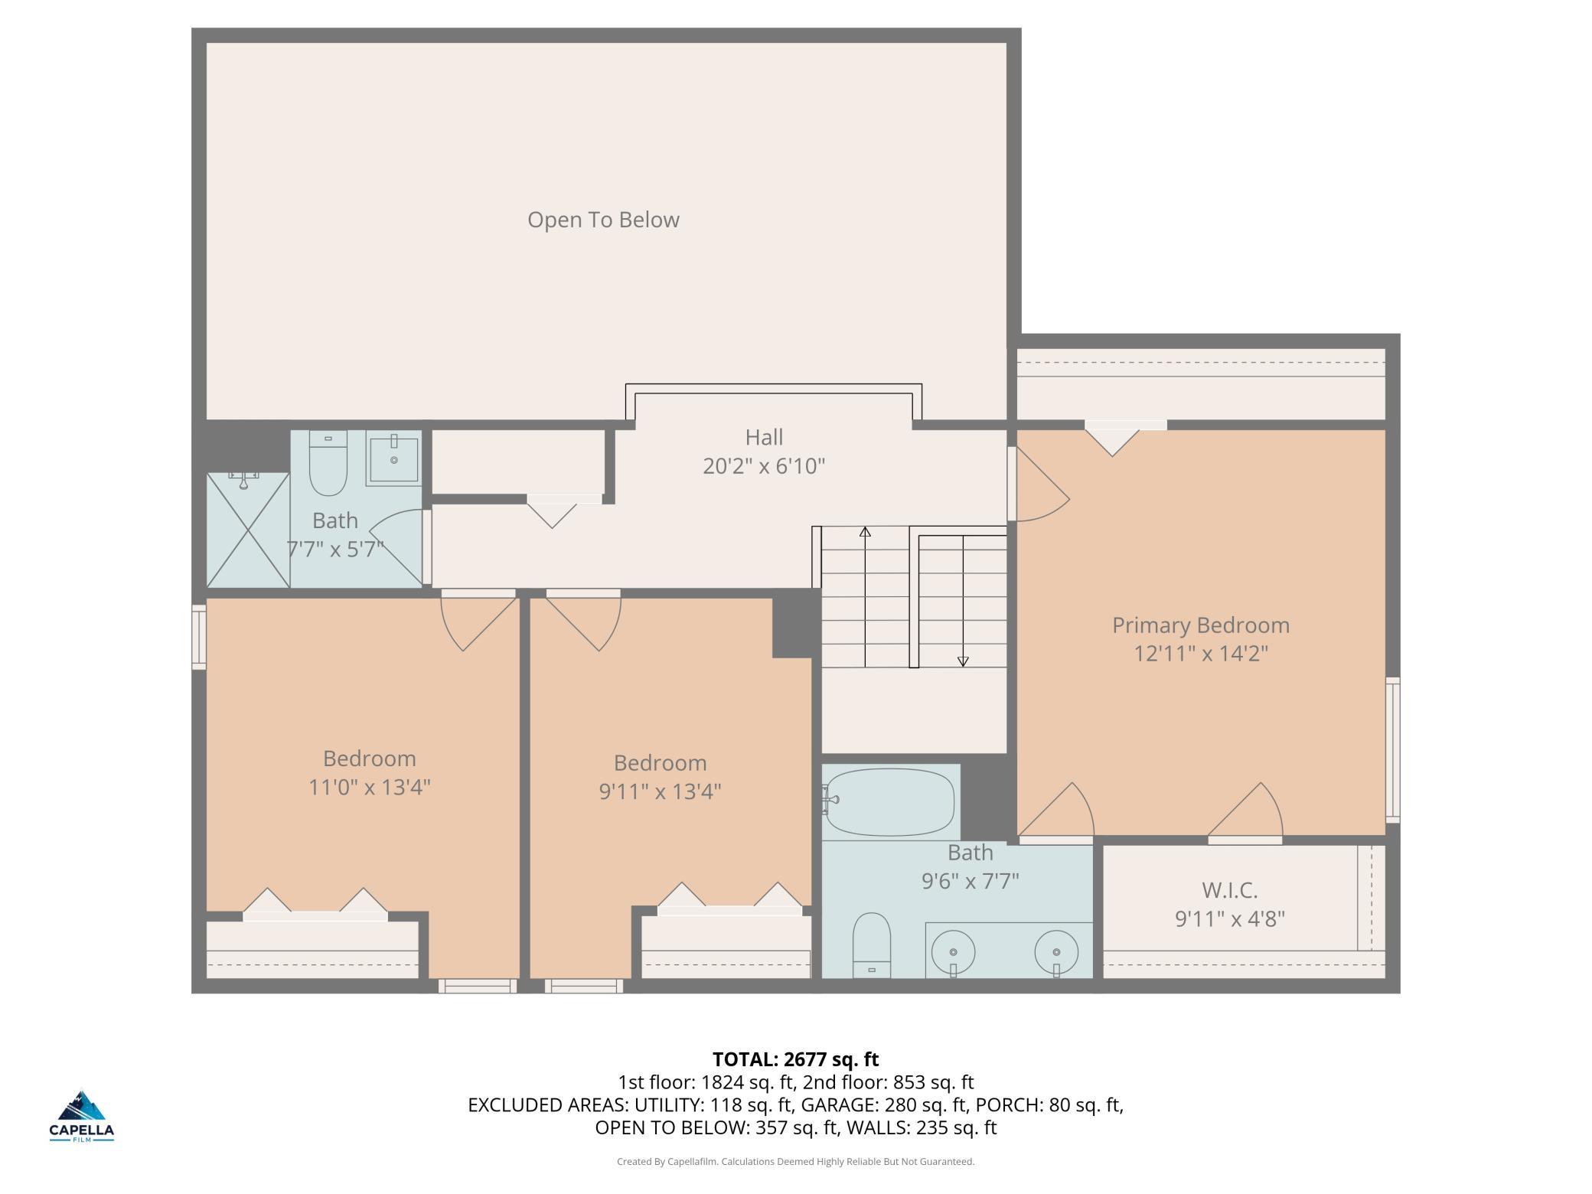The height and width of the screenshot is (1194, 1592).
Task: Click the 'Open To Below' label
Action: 603,220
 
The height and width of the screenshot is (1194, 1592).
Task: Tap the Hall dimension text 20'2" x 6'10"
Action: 764,465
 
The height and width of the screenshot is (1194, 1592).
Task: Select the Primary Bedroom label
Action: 1200,625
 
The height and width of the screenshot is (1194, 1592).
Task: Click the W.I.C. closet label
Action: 1229,890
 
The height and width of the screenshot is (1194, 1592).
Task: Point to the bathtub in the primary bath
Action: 891,802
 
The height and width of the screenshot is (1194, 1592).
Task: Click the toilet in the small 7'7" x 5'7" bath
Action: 328,462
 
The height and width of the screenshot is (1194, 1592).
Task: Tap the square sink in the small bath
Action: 393,458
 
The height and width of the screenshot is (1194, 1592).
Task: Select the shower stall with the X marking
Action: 248,530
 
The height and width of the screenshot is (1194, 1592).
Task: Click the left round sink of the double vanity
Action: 954,953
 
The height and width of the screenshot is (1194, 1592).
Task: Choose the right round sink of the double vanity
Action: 1056,953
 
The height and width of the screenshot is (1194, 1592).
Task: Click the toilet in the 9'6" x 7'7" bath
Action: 872,944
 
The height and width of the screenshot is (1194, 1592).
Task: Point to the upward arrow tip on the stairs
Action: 865,527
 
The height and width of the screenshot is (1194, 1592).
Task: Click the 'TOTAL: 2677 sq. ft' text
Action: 796,1059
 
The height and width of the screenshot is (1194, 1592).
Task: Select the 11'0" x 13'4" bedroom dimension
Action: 370,787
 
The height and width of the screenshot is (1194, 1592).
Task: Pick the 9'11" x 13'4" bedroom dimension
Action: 660,791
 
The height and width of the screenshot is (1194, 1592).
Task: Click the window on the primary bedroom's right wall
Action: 1393,750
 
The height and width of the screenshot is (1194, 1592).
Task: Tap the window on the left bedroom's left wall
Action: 199,638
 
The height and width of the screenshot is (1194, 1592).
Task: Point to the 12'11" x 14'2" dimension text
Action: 1201,654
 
